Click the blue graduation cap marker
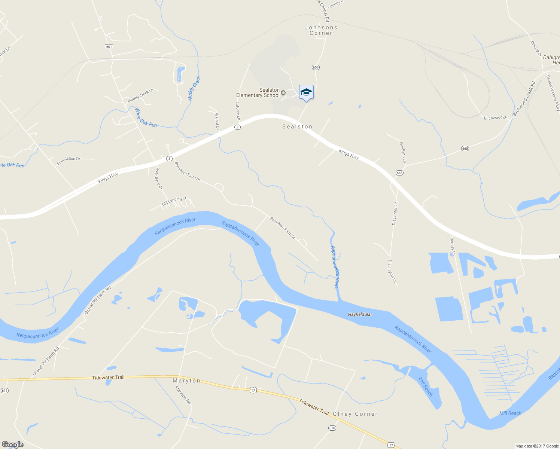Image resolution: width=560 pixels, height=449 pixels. (x=306, y=92)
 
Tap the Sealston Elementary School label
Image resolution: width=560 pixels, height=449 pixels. (x=258, y=92)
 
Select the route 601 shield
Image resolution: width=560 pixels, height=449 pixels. (x=109, y=47)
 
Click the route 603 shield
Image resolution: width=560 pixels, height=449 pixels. (x=316, y=67)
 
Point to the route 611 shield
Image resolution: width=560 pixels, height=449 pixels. (x=4, y=391)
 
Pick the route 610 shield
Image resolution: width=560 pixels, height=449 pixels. (x=332, y=428)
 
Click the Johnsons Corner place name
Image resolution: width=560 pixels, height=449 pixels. (x=321, y=30)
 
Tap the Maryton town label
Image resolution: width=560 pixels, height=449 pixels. (x=186, y=381)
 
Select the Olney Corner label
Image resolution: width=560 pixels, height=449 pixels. (x=355, y=414)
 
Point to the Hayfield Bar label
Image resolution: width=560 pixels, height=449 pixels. (x=360, y=314)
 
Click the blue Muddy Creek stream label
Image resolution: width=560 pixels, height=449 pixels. (x=194, y=88)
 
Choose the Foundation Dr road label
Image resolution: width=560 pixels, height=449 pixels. (x=69, y=161)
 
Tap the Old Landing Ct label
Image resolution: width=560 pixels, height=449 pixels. (x=174, y=201)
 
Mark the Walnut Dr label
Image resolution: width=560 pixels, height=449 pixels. (x=217, y=122)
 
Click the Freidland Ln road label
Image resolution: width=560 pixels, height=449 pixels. (x=403, y=152)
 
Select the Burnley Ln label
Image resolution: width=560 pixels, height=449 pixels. (x=453, y=247)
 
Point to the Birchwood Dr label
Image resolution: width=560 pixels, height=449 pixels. (x=495, y=118)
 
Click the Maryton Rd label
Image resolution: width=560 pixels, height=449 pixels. (x=183, y=395)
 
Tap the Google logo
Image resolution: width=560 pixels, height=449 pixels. (x=12, y=445)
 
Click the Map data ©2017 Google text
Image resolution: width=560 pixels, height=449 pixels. (x=537, y=446)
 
